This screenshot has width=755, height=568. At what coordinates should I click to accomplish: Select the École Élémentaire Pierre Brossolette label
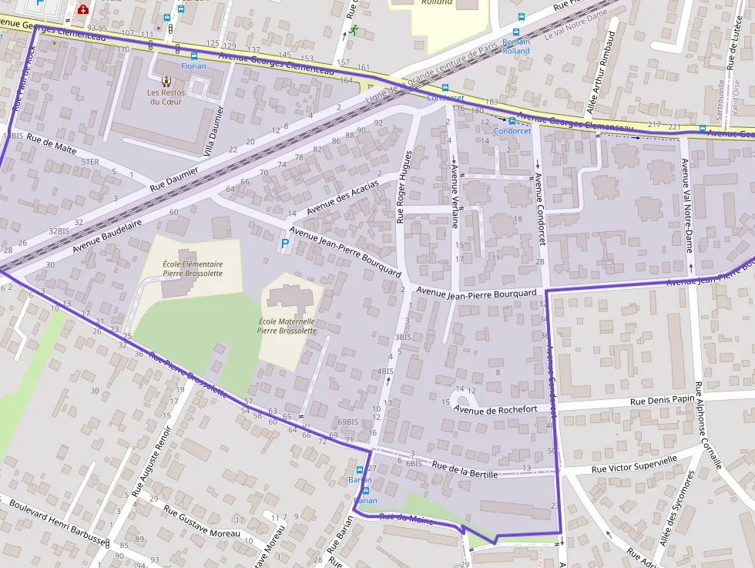(193, 268)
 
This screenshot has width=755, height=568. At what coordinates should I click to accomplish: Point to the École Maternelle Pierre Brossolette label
(287, 326)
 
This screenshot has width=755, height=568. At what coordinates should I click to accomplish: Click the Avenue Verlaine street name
(455, 196)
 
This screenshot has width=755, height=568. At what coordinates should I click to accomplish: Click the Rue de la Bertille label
(465, 468)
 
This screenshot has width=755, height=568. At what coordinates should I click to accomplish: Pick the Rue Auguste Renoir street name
(150, 461)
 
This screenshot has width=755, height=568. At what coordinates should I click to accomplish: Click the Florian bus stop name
(193, 66)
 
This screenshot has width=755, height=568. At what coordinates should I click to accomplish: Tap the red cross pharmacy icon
(82, 10)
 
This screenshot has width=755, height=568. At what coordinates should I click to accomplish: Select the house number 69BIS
(348, 422)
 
